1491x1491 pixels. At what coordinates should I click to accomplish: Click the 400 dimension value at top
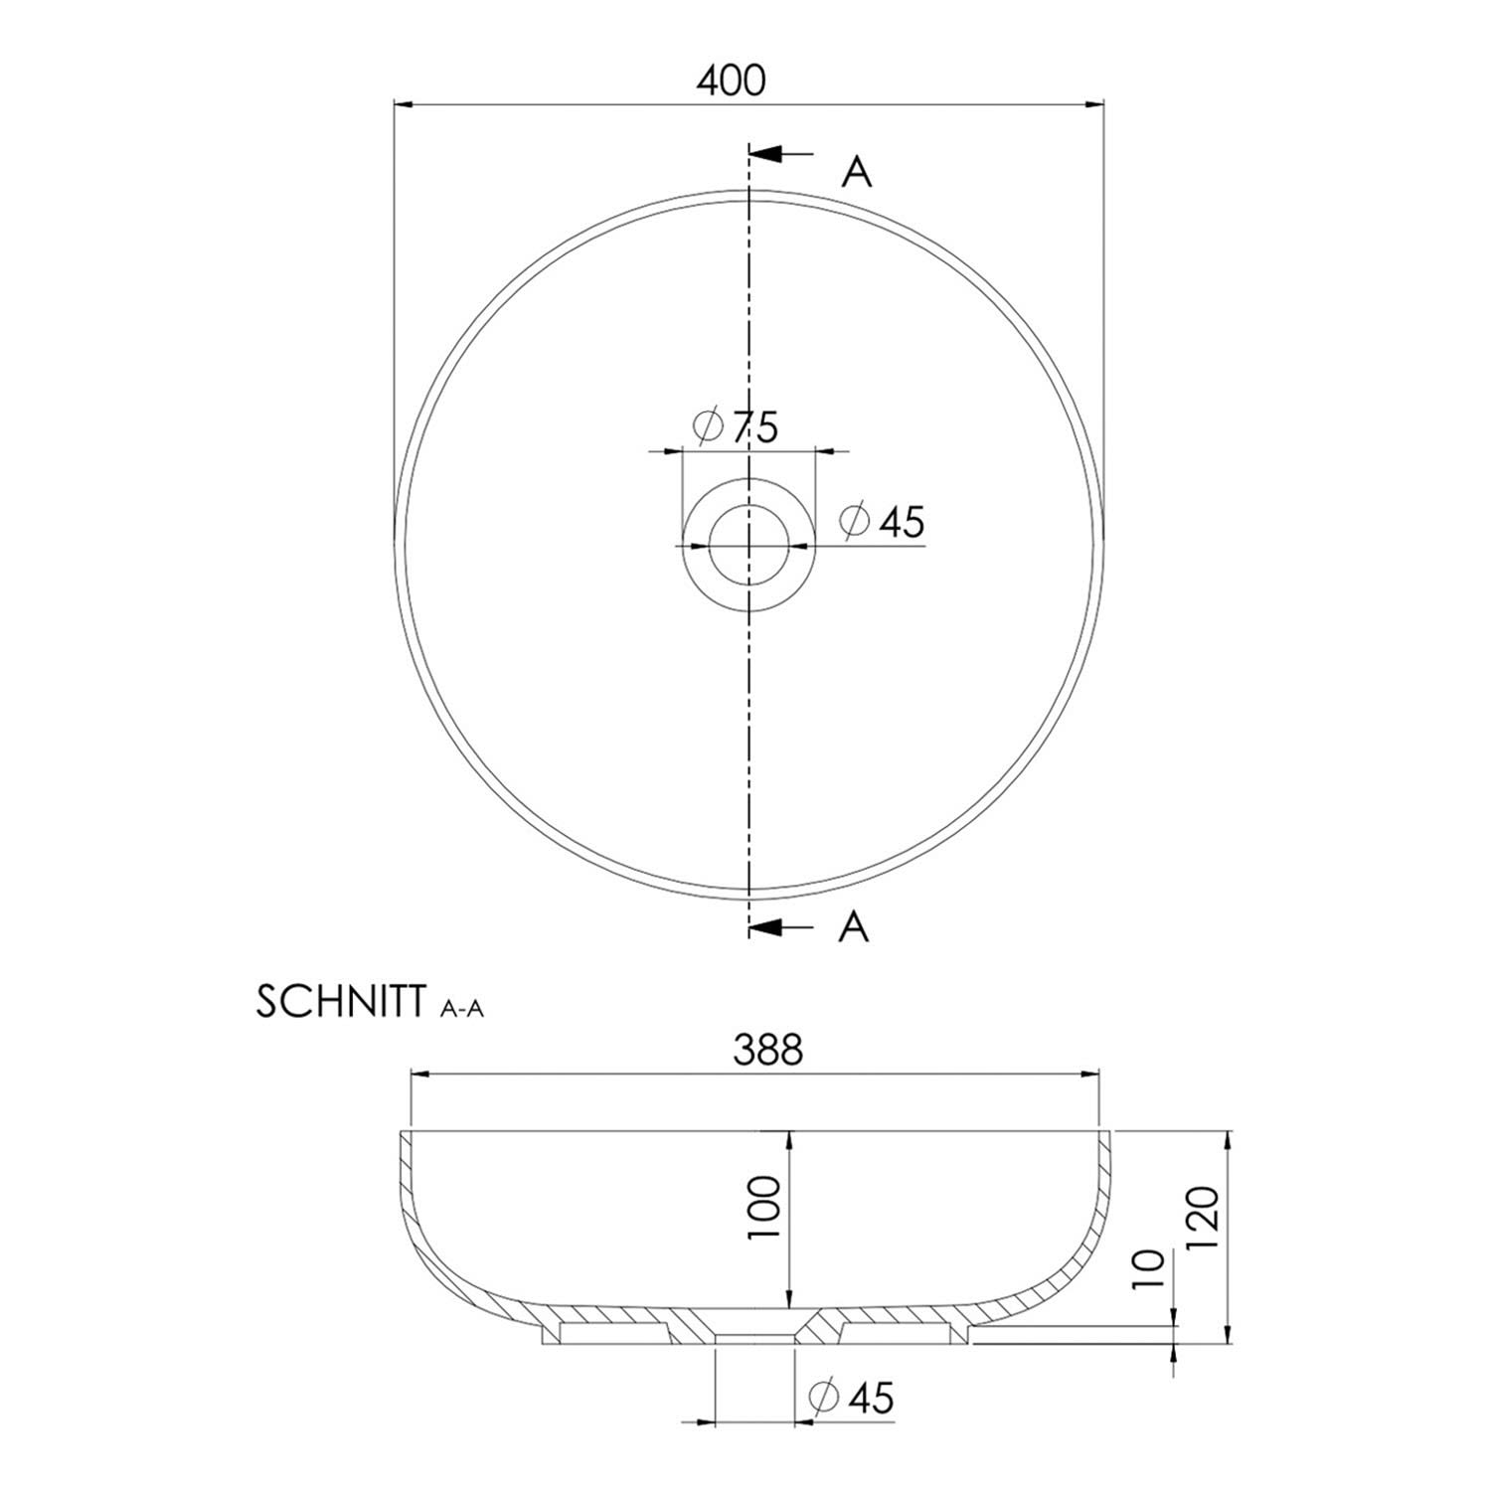tap(731, 81)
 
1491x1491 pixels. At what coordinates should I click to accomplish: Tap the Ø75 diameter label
tap(736, 427)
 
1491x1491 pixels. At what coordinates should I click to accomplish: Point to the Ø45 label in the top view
tap(883, 521)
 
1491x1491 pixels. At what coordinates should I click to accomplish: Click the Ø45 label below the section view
tap(852, 1397)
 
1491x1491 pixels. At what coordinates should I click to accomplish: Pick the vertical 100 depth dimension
tap(765, 1207)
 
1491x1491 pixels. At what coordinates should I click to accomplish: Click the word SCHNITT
tap(342, 1003)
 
